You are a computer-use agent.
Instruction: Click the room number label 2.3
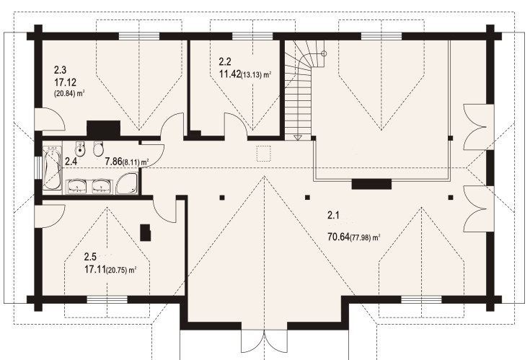pos(61,71)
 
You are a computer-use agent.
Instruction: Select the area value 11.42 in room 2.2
pos(232,74)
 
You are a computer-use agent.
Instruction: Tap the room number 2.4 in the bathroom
pos(71,162)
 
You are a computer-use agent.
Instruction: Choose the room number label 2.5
pos(90,256)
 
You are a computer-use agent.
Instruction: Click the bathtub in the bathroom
pos(51,170)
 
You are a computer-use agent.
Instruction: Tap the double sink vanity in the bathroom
pos(89,188)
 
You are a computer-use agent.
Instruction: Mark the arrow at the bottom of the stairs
pos(299,136)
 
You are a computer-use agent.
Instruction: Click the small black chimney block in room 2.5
pos(146,232)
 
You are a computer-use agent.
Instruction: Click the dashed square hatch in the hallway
pos(264,153)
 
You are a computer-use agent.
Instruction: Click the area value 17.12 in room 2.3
pos(66,82)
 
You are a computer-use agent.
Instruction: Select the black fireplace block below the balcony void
pos(366,184)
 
